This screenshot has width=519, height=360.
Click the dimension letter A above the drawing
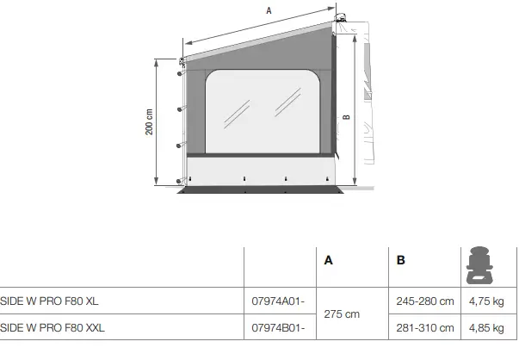click(x=269, y=11)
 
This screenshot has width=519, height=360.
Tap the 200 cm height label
click(x=149, y=122)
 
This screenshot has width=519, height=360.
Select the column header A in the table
click(x=328, y=260)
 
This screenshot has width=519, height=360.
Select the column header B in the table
click(x=400, y=260)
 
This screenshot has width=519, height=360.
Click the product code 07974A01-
click(x=275, y=301)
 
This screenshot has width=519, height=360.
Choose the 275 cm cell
click(x=341, y=314)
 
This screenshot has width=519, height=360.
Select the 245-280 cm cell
click(x=424, y=301)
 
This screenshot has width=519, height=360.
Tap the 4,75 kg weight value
click(x=485, y=301)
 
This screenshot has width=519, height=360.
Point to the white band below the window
click(x=258, y=169)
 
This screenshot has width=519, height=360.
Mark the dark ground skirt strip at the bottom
click(x=258, y=189)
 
